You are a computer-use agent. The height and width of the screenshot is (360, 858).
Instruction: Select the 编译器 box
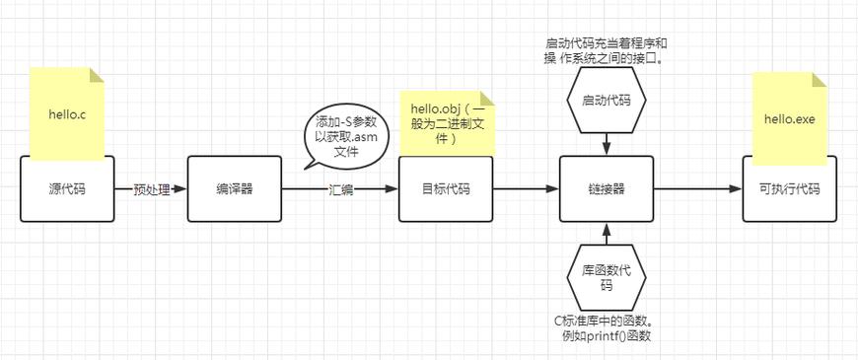[235, 188]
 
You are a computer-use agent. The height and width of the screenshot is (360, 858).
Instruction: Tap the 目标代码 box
[446, 188]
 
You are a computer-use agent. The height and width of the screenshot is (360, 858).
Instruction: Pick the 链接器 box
[607, 188]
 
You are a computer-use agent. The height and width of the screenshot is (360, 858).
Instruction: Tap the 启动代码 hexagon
[607, 101]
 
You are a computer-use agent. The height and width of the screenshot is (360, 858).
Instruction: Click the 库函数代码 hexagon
[607, 277]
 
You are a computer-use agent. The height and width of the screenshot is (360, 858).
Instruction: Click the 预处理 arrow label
[152, 189]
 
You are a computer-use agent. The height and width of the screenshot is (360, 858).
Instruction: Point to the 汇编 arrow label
[340, 189]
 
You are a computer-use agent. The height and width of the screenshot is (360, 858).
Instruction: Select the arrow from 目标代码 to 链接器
[526, 189]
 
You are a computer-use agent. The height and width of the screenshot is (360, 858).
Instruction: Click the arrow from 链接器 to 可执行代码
[698, 189]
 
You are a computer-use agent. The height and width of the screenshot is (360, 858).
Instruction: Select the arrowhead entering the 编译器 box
[181, 189]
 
